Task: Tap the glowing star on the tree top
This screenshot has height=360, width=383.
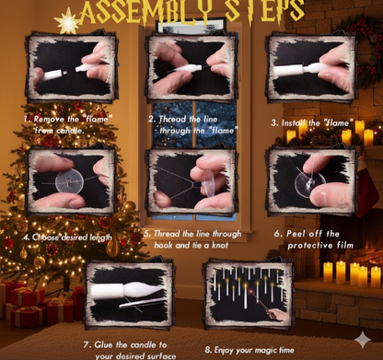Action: click(x=66, y=19)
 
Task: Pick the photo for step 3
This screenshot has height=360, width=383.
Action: click(x=311, y=70)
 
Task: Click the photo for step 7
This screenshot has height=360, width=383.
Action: click(x=130, y=296)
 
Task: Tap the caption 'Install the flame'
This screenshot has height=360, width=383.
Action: click(x=311, y=122)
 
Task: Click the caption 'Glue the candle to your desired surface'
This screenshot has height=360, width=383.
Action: click(x=129, y=350)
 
